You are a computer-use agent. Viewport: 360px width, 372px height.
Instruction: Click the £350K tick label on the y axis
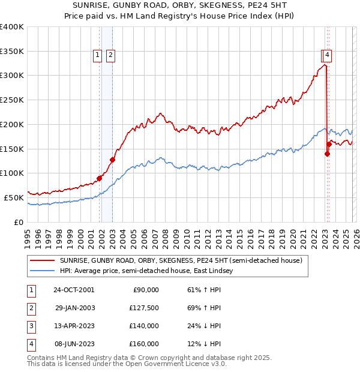click(12, 51)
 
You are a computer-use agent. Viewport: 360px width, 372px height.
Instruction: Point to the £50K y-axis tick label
click(14, 197)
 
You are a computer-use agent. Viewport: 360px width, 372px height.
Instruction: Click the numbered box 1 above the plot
click(98, 55)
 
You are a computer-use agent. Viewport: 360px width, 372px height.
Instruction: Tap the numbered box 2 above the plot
click(111, 55)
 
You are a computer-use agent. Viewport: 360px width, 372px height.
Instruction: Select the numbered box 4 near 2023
click(327, 55)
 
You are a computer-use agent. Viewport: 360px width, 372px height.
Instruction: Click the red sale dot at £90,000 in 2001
click(99, 178)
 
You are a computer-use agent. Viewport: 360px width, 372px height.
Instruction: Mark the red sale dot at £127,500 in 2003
click(112, 160)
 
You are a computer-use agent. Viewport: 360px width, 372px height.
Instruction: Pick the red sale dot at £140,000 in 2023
click(327, 154)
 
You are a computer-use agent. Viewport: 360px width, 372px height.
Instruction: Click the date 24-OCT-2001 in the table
click(74, 290)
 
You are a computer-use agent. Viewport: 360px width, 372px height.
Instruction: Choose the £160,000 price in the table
click(144, 344)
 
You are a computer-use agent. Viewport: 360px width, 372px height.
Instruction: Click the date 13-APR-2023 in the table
click(74, 326)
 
